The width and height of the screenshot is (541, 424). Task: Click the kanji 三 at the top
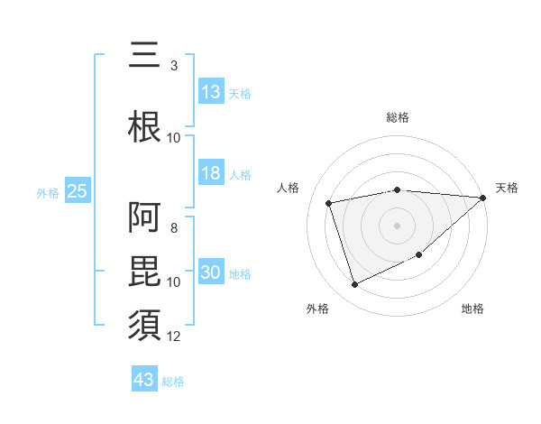pyautogui.click(x=145, y=55)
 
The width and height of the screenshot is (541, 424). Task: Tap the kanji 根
pyautogui.click(x=145, y=125)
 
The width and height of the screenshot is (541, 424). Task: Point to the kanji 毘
pyautogui.click(x=145, y=268)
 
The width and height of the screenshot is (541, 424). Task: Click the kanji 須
pyautogui.click(x=145, y=323)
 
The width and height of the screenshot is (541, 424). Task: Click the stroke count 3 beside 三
pyautogui.click(x=174, y=66)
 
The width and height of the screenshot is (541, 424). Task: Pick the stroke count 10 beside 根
pyautogui.click(x=174, y=138)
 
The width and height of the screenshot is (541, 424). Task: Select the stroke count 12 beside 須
pyautogui.click(x=174, y=336)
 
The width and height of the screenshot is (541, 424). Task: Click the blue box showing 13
pyautogui.click(x=211, y=92)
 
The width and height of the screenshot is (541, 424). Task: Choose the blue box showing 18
pyautogui.click(x=211, y=173)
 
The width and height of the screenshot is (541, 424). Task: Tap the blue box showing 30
pyautogui.click(x=211, y=273)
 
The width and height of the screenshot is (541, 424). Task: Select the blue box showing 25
pyautogui.click(x=77, y=191)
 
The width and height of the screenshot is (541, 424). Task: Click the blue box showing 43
pyautogui.click(x=143, y=380)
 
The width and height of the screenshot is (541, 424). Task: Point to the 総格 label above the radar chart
pyautogui.click(x=397, y=117)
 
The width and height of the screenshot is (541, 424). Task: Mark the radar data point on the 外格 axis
pyautogui.click(x=354, y=285)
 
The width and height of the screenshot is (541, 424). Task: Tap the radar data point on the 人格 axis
pyautogui.click(x=329, y=203)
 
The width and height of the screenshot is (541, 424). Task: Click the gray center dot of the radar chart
pyautogui.click(x=397, y=225)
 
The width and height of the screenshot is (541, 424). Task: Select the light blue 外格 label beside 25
pyautogui.click(x=48, y=192)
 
